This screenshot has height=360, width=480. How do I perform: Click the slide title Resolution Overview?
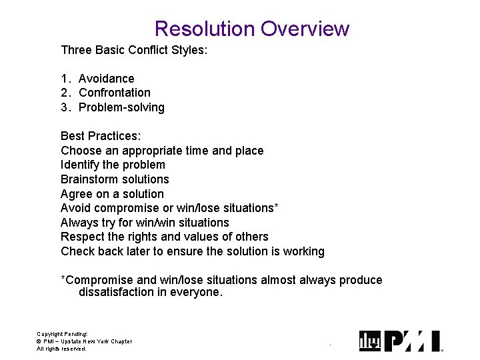click(251, 29)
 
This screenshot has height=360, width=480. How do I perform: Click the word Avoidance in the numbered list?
click(106, 79)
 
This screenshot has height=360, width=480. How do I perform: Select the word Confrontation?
click(115, 93)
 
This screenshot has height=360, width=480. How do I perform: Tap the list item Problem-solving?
click(121, 107)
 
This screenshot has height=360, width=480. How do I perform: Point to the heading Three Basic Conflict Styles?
click(134, 50)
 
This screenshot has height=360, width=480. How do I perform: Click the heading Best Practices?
click(101, 136)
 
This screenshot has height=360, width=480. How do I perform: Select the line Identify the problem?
click(113, 165)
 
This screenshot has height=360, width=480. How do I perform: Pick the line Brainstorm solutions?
click(115, 179)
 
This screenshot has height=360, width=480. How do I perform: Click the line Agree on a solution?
click(112, 194)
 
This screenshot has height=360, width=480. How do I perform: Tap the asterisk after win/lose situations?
click(276, 206)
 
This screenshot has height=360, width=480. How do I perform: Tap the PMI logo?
click(401, 341)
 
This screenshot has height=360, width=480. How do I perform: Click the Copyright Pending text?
click(62, 334)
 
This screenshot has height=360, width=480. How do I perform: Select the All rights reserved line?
click(61, 349)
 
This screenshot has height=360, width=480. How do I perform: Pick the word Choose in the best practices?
click(80, 151)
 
